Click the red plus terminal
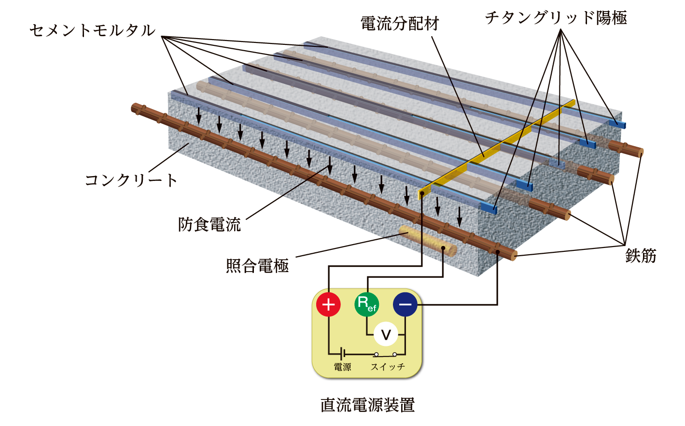click(328, 304)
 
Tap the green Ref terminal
click(367, 304)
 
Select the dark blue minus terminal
click(405, 304)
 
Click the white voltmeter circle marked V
click(386, 334)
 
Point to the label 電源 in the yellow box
click(342, 367)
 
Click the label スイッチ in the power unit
click(388, 367)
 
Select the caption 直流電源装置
click(367, 405)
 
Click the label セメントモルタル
click(92, 30)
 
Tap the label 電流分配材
click(400, 24)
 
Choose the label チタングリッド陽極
click(556, 17)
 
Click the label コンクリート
click(131, 180)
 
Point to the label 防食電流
click(210, 225)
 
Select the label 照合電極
click(257, 265)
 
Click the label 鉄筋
click(641, 256)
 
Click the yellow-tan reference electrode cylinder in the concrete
click(428, 241)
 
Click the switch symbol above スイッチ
click(385, 355)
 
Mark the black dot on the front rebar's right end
click(498, 252)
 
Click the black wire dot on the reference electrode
click(443, 248)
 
